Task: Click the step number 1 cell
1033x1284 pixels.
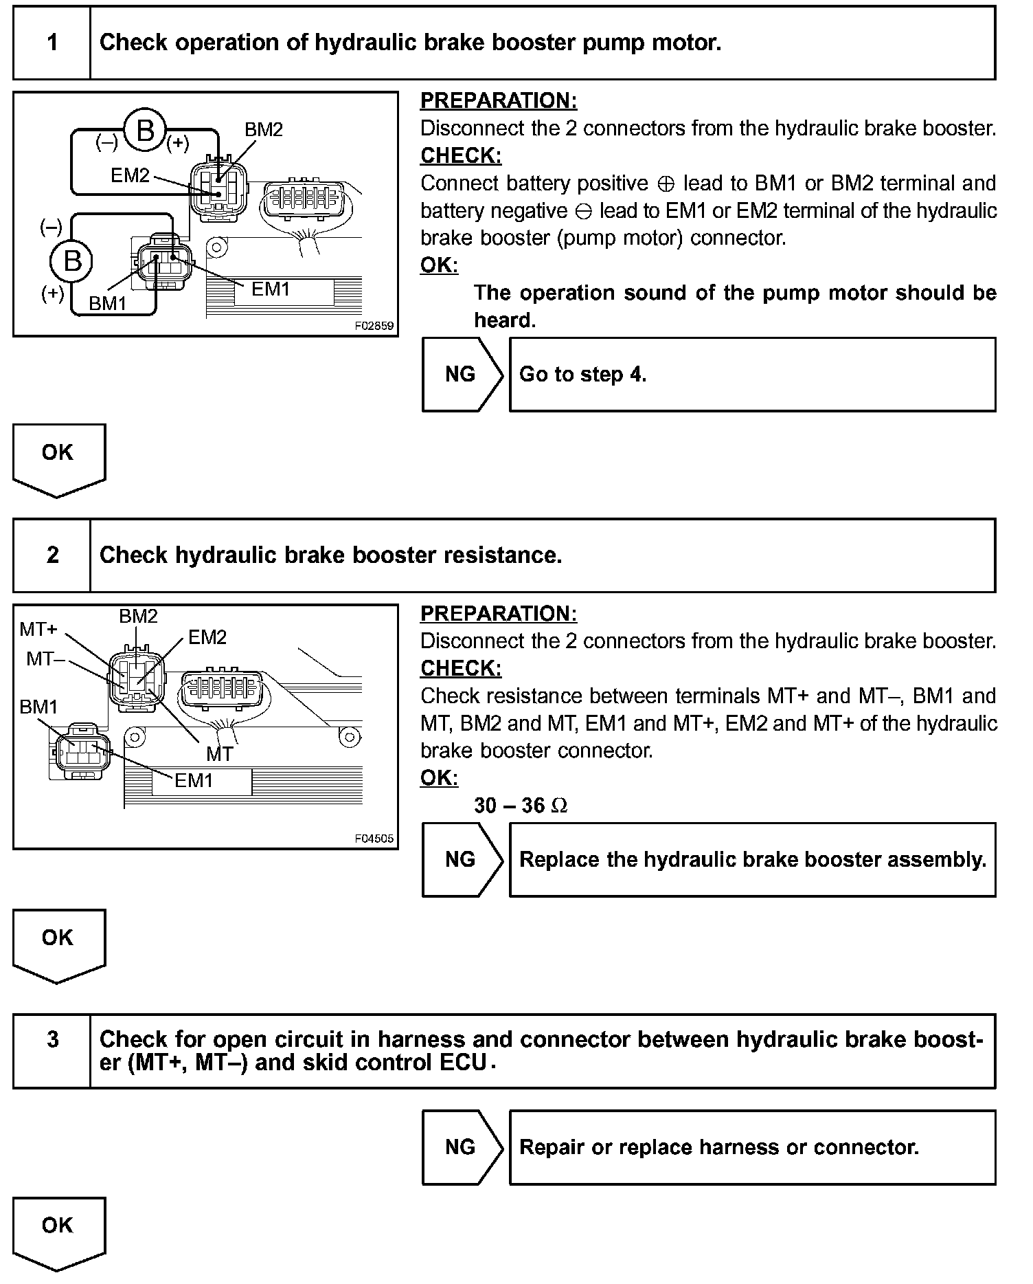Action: tap(52, 43)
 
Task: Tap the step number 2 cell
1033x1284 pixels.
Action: tap(52, 555)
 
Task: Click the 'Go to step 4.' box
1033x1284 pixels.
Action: tap(752, 375)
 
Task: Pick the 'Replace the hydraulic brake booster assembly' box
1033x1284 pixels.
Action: tap(752, 860)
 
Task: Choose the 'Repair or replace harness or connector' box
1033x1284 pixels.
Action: tap(752, 1147)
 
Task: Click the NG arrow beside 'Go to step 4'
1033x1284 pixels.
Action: tap(462, 375)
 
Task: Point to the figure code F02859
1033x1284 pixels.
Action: tap(374, 326)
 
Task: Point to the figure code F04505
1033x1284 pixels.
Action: tap(374, 839)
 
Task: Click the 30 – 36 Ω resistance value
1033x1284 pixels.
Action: tap(521, 806)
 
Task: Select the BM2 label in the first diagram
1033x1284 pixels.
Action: tap(264, 130)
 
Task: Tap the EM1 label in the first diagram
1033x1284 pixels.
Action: tap(271, 289)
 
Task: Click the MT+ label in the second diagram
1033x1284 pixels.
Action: tap(38, 629)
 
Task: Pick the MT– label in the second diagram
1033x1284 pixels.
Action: tap(45, 659)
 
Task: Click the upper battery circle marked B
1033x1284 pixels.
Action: tap(145, 130)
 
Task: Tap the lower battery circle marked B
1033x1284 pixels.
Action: tap(72, 261)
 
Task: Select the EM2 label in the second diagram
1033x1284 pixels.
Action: tap(207, 638)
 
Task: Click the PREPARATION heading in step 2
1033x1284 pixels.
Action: tap(499, 614)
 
